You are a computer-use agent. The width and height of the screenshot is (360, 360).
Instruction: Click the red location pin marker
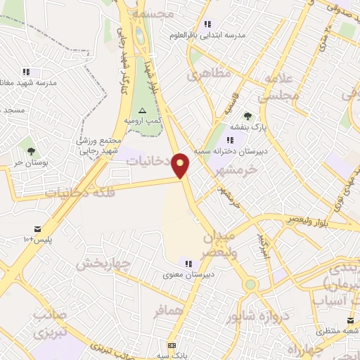pyautogui.click(x=181, y=165)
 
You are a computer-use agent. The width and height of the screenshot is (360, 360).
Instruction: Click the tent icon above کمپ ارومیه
pyautogui.click(x=143, y=110)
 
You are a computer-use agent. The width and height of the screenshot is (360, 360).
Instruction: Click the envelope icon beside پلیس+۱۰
pyautogui.click(x=37, y=229)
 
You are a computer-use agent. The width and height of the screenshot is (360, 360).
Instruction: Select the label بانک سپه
pyautogui.click(x=172, y=356)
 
